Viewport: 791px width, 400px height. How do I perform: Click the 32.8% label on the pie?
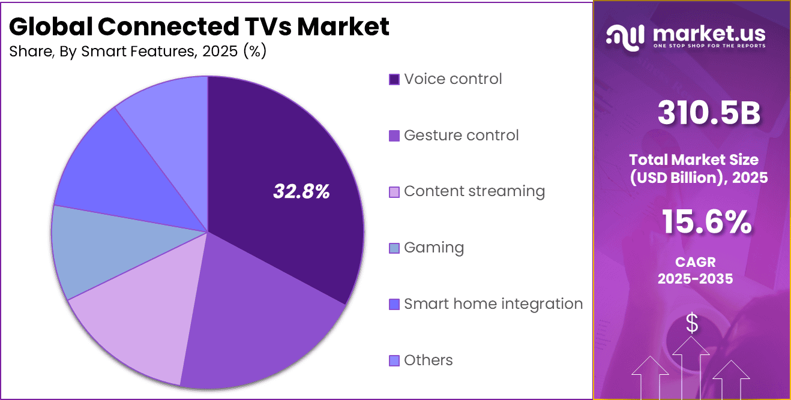click(x=301, y=191)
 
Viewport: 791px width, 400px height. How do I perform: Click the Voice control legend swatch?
click(x=394, y=80)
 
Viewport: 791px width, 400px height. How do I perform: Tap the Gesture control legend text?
click(x=461, y=136)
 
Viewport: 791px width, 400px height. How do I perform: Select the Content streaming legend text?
click(x=474, y=191)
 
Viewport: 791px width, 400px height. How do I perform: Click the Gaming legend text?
click(x=434, y=248)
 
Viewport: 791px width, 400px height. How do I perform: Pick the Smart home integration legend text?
click(x=493, y=304)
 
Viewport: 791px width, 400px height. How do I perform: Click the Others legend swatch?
click(x=394, y=360)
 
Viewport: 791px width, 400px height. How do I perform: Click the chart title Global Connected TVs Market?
click(x=199, y=26)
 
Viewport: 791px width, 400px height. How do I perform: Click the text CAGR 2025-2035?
click(x=695, y=270)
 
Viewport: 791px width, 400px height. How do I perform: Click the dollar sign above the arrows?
click(x=692, y=324)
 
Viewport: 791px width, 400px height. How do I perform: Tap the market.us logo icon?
click(x=625, y=36)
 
